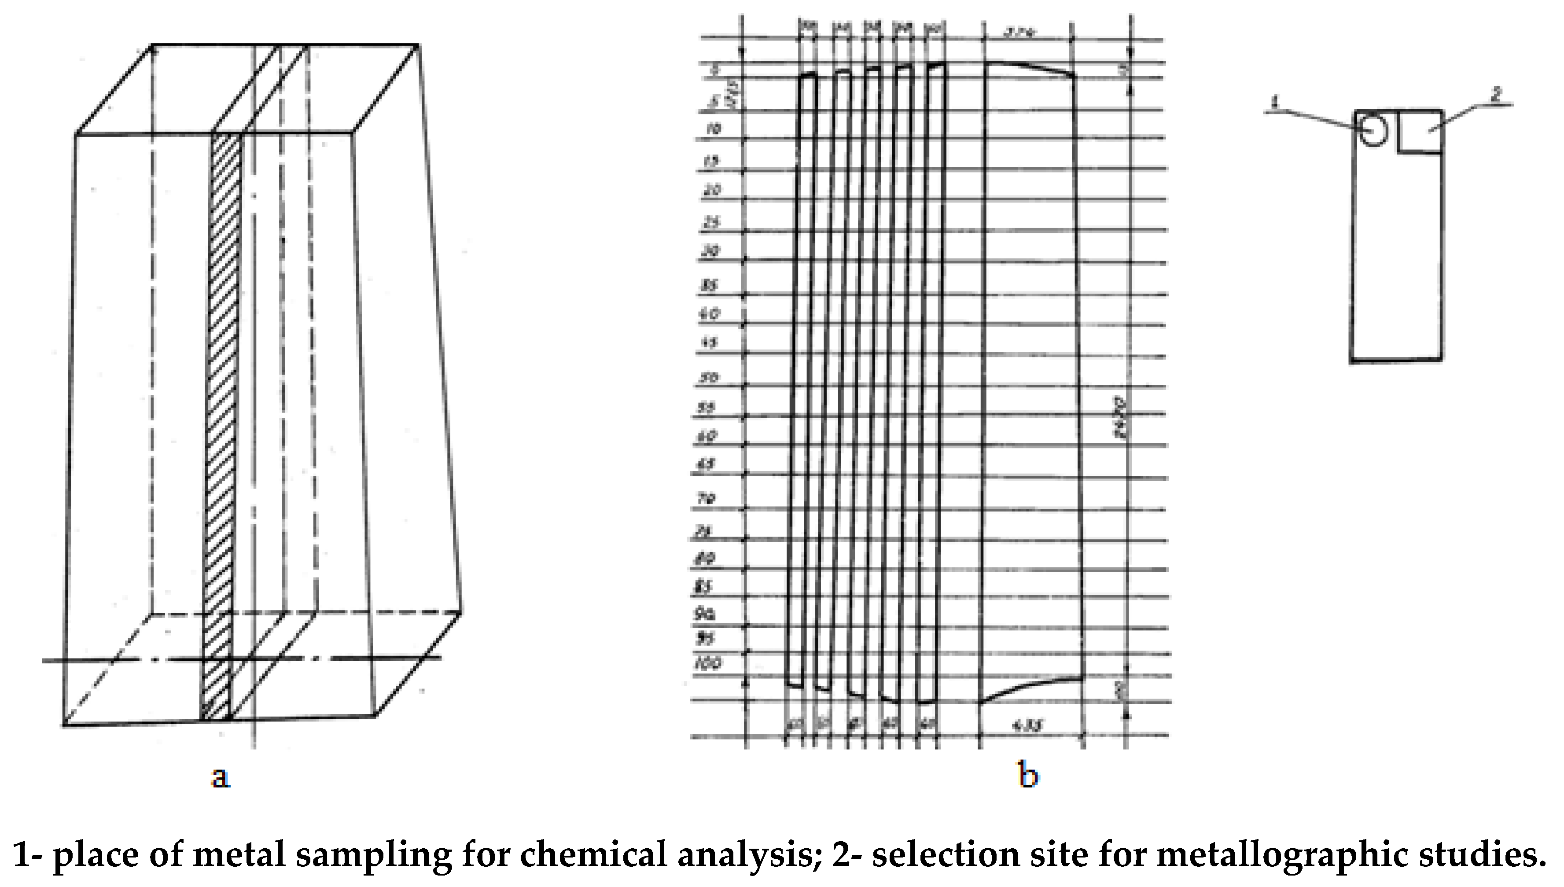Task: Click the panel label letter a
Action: pyautogui.click(x=221, y=777)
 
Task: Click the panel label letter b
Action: pyautogui.click(x=1028, y=776)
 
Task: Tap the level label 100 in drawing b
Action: pyautogui.click(x=708, y=663)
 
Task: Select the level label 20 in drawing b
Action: pyautogui.click(x=712, y=190)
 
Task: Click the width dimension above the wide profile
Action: pyautogui.click(x=1027, y=32)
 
